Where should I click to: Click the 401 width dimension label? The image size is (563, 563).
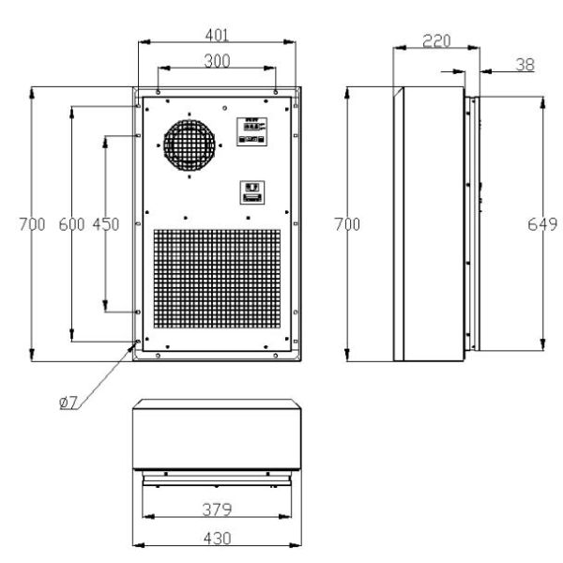click(217, 36)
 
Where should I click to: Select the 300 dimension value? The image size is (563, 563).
click(217, 61)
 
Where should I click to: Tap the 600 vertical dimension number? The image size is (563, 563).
click(71, 224)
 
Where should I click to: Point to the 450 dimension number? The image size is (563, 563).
click(105, 224)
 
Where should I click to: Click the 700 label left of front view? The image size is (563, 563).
click(32, 224)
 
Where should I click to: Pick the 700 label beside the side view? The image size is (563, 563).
click(347, 224)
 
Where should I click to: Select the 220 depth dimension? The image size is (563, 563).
click(436, 41)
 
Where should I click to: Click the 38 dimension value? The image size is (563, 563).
click(525, 65)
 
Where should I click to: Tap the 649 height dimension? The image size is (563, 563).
click(542, 225)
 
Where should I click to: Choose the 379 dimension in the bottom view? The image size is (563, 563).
click(218, 510)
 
